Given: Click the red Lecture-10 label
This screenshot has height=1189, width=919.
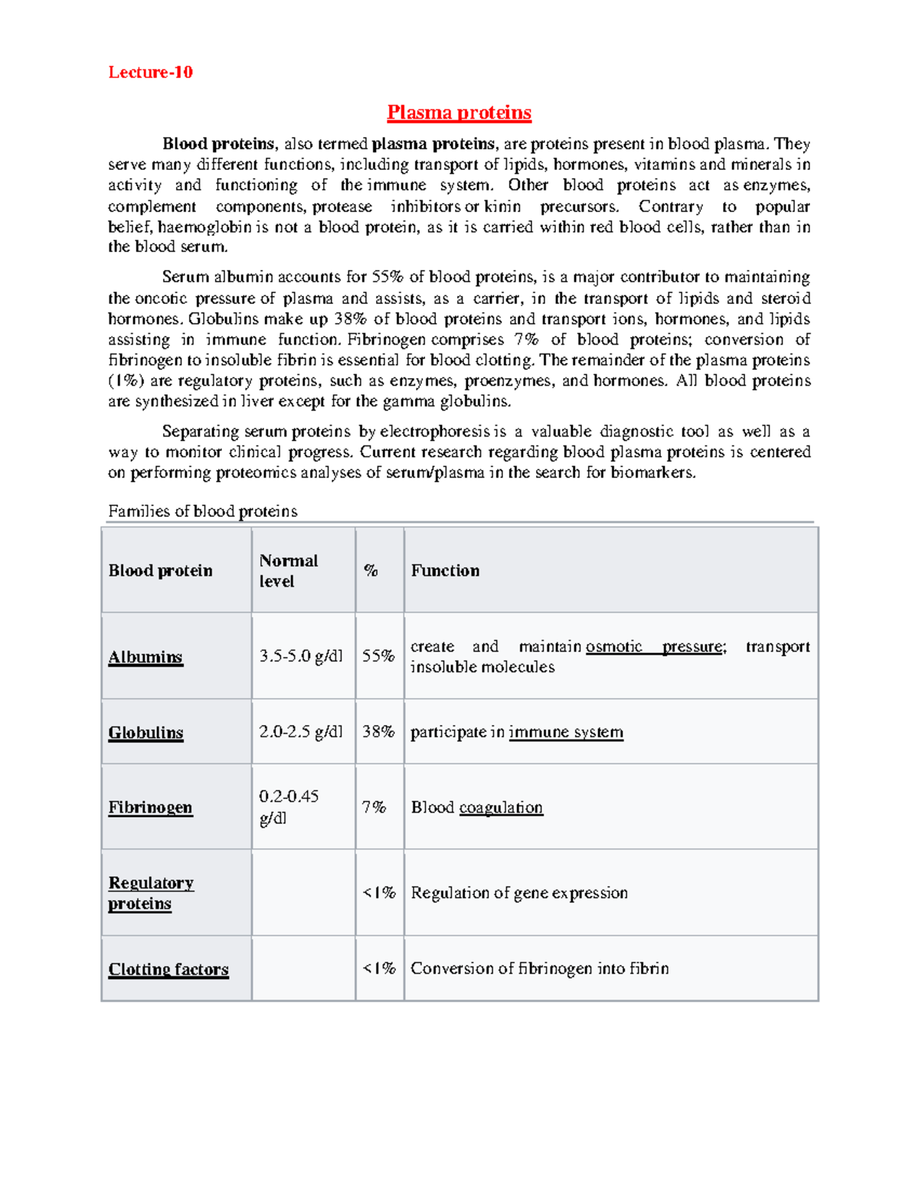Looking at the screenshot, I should click(150, 72).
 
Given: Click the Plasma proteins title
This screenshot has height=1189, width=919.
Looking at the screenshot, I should click(459, 113).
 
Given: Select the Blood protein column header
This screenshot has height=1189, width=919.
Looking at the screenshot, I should click(160, 570).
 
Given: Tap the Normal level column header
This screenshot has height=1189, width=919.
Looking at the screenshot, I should click(288, 570).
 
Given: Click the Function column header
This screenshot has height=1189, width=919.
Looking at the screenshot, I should click(445, 570).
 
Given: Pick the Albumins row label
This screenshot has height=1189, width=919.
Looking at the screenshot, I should click(146, 657).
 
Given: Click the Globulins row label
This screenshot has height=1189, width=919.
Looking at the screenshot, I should click(146, 733).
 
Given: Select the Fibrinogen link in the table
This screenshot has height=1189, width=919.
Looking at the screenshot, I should click(150, 808).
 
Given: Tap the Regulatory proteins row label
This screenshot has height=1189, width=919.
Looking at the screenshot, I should click(150, 893).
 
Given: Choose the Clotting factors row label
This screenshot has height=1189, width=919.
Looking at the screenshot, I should click(168, 969).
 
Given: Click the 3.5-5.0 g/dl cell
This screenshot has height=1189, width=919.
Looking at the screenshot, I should click(301, 656).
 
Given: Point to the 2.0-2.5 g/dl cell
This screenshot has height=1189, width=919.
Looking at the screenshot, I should click(301, 732).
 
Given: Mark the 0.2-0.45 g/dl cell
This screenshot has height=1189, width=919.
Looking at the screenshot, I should click(289, 807).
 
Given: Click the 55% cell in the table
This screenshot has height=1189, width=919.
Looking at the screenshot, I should click(378, 656).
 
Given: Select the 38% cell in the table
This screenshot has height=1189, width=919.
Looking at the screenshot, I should click(378, 732).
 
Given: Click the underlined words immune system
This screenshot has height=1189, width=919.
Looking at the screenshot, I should click(566, 732).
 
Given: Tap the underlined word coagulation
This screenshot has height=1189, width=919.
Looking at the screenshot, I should click(501, 808).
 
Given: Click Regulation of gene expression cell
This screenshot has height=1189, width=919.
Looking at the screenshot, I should click(519, 893).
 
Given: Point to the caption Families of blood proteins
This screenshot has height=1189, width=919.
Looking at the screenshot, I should click(202, 511).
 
